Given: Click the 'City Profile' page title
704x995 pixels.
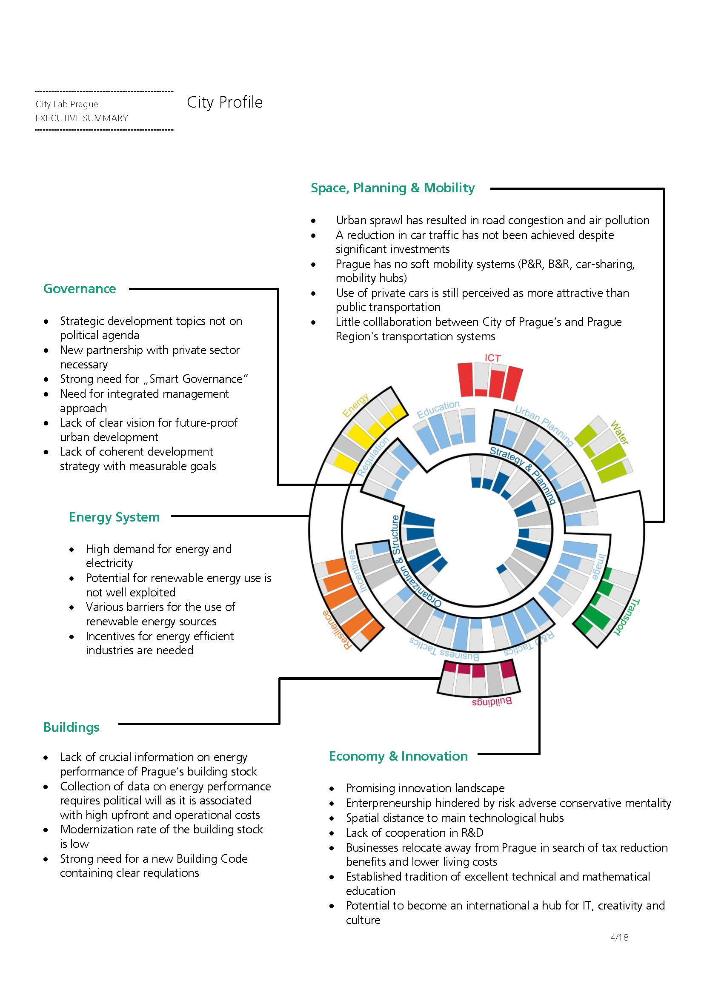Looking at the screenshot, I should pyautogui.click(x=225, y=102).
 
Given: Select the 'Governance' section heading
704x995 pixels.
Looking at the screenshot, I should pyautogui.click(x=80, y=288).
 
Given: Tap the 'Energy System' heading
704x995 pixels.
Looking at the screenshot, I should pyautogui.click(x=114, y=517).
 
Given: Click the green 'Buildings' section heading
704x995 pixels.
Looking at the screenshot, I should pyautogui.click(x=71, y=727).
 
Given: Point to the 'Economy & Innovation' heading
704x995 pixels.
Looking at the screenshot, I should pyautogui.click(x=398, y=756).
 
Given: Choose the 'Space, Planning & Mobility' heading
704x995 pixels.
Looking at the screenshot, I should pyautogui.click(x=392, y=188).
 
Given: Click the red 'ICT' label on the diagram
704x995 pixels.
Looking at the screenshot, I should pyautogui.click(x=492, y=358).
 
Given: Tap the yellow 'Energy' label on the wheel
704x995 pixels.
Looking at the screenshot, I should pyautogui.click(x=355, y=405).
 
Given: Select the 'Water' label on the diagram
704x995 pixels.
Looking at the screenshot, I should pyautogui.click(x=619, y=433).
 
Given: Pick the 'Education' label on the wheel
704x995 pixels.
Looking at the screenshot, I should pyautogui.click(x=438, y=409).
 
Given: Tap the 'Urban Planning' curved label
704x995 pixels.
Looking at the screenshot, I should pyautogui.click(x=544, y=425).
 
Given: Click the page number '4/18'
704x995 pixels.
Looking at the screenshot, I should pyautogui.click(x=619, y=938).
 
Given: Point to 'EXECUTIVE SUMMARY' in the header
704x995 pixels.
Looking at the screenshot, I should pyautogui.click(x=81, y=118).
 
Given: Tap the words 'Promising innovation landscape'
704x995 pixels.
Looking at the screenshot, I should pyautogui.click(x=425, y=788).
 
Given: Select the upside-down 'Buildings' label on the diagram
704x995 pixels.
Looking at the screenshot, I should pyautogui.click(x=492, y=701).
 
